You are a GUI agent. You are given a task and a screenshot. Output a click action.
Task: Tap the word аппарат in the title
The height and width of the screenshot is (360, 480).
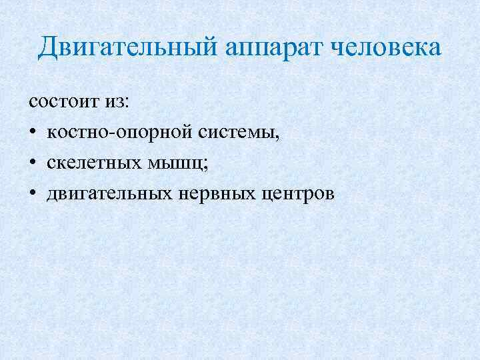(263, 49)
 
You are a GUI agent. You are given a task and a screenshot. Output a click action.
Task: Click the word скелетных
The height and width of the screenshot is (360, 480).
(89, 163)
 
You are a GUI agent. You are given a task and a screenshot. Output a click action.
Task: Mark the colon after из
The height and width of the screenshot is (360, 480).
(130, 104)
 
